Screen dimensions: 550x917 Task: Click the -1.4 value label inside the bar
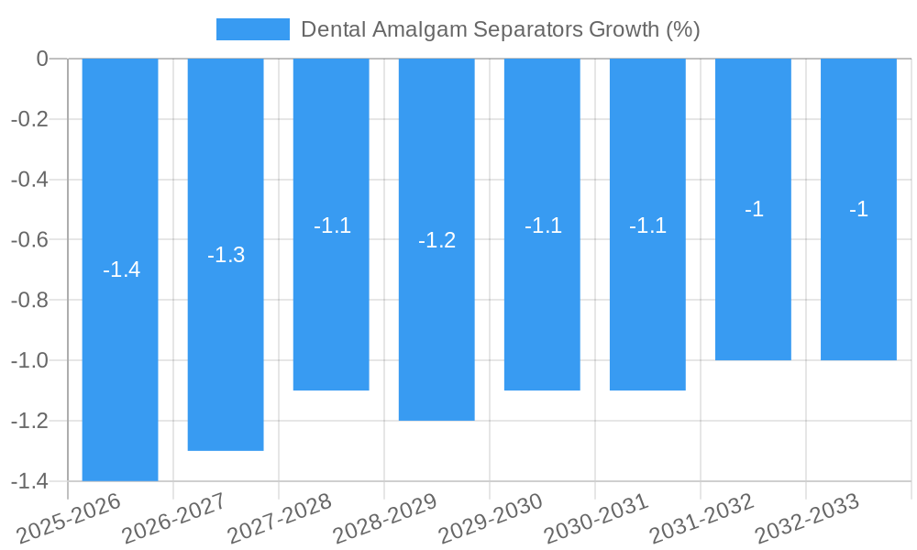[121, 269]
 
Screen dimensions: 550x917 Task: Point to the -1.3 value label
[226, 255]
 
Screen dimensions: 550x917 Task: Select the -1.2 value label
[436, 240]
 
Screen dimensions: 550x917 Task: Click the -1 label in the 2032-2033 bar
[858, 209]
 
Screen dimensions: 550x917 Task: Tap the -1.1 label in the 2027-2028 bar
[332, 225]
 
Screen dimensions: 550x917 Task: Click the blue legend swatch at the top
[252, 29]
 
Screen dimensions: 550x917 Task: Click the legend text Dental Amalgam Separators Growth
[500, 29]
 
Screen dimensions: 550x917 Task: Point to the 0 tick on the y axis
[42, 59]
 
